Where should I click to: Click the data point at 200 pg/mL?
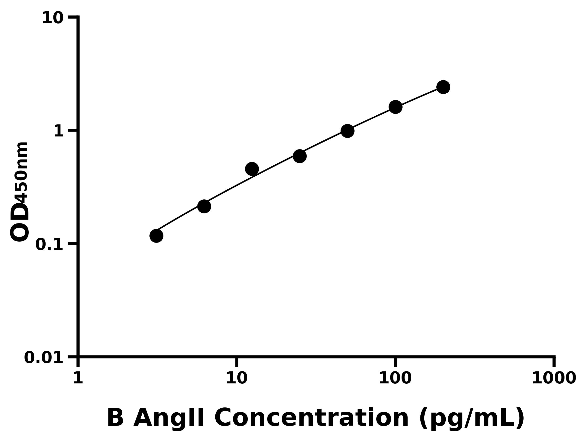pos(443,87)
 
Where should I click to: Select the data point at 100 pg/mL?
pos(395,107)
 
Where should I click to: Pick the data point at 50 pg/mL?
pos(347,131)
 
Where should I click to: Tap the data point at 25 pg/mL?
pos(300,156)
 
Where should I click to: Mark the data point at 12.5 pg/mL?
pos(252,169)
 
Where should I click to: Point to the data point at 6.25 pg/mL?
pos(204,206)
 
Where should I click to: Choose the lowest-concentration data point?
pos(156,236)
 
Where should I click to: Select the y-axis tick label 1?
pos(59,131)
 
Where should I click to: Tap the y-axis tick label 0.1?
pos(49,245)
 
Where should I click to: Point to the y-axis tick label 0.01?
pos(44,358)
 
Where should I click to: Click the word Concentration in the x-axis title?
pos(311,418)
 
